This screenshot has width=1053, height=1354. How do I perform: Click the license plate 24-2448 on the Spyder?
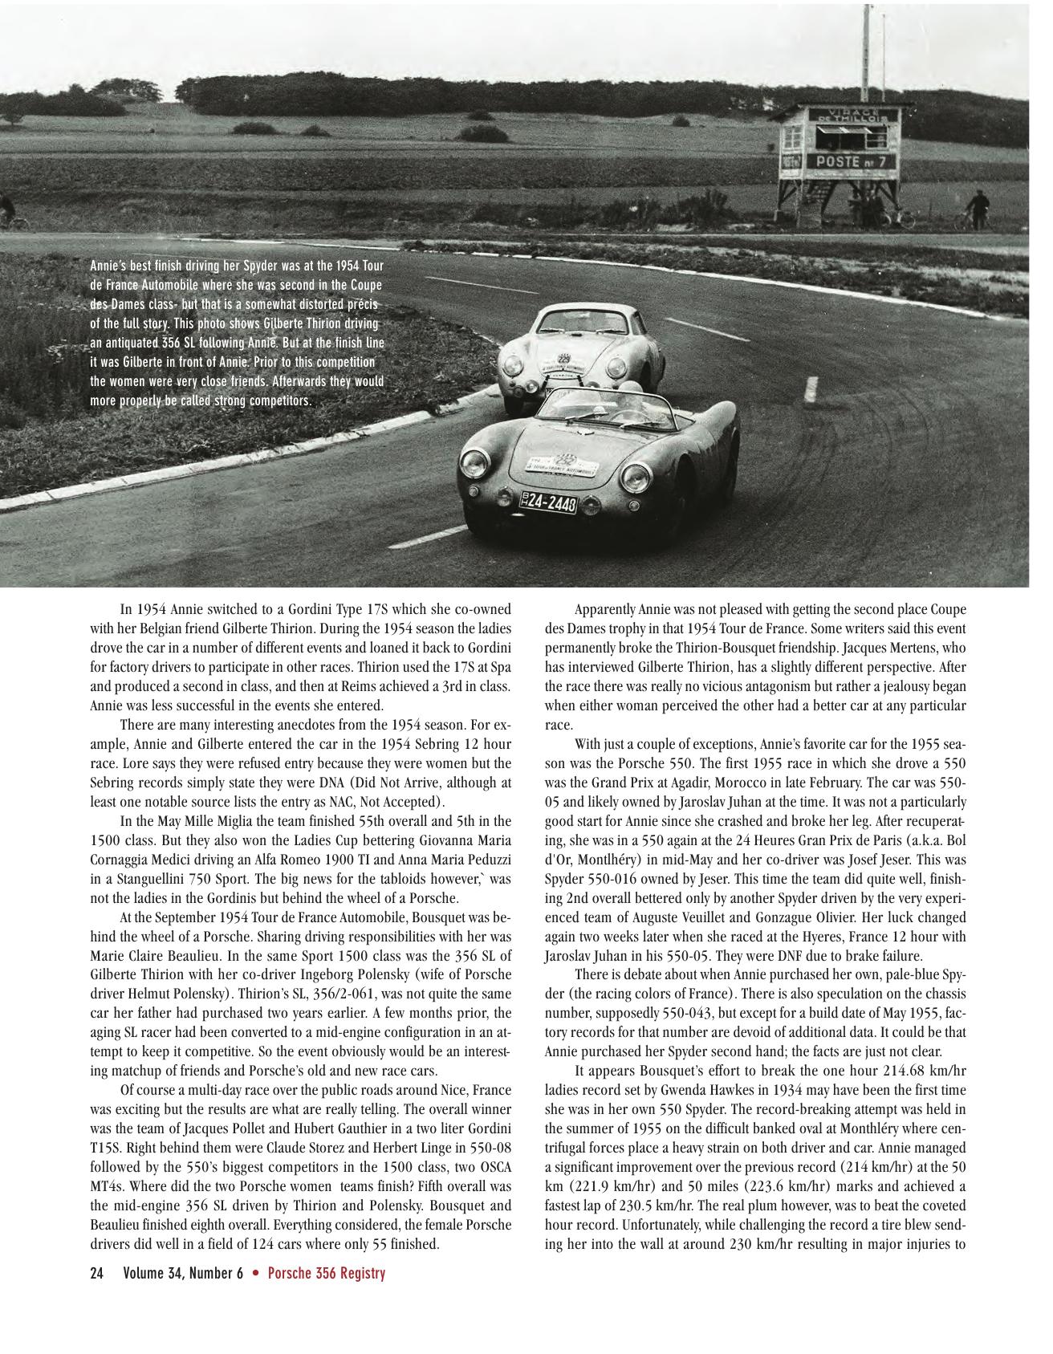pos(550,502)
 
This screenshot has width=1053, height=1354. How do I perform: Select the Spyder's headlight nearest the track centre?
pos(636,478)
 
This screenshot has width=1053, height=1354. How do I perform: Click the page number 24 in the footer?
pos(97,1274)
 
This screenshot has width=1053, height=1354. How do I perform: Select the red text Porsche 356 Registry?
pos(326,1274)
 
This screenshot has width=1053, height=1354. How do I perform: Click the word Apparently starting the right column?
pos(606,610)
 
